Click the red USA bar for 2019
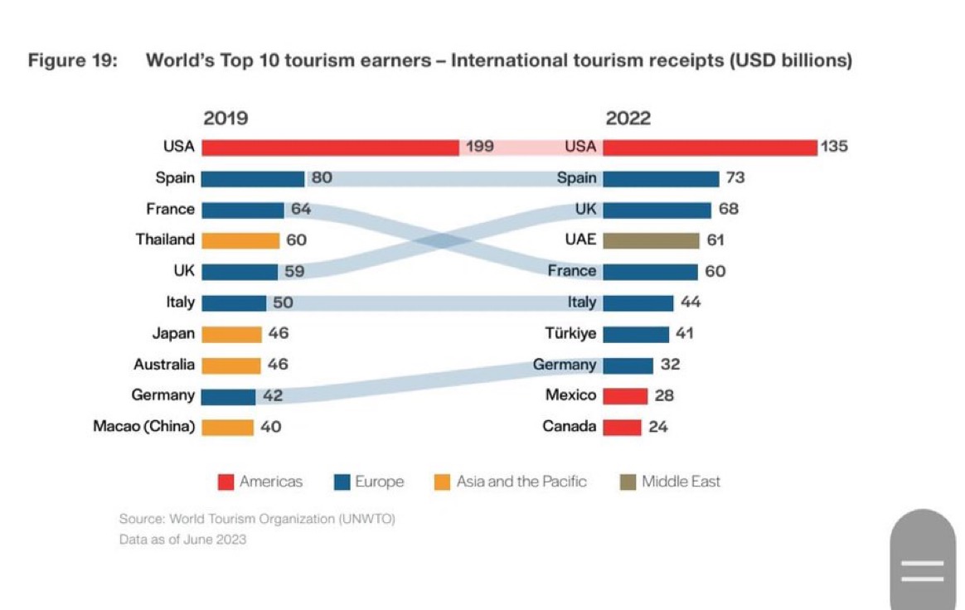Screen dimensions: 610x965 tap(330, 148)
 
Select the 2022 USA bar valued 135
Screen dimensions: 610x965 tap(710, 148)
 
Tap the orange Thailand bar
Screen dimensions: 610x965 tap(240, 240)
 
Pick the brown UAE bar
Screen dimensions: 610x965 tap(651, 240)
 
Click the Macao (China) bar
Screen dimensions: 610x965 tap(227, 428)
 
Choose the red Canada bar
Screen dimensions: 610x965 tap(622, 428)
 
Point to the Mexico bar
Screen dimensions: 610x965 tap(625, 396)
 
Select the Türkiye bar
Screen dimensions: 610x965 tap(636, 334)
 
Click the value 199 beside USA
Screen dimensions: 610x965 tap(479, 147)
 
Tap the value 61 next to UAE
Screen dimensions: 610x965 tap(715, 240)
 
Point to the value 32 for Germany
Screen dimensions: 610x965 tap(670, 365)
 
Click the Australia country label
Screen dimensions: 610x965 tap(164, 365)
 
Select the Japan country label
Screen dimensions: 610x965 tap(173, 334)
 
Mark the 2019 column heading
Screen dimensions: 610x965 tap(225, 119)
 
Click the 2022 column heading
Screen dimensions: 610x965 tap(628, 119)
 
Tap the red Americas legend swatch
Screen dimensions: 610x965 tap(225, 482)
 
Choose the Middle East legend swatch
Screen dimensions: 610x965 tap(628, 482)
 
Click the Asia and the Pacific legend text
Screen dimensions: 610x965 tap(521, 482)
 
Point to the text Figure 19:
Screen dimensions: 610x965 tap(72, 61)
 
